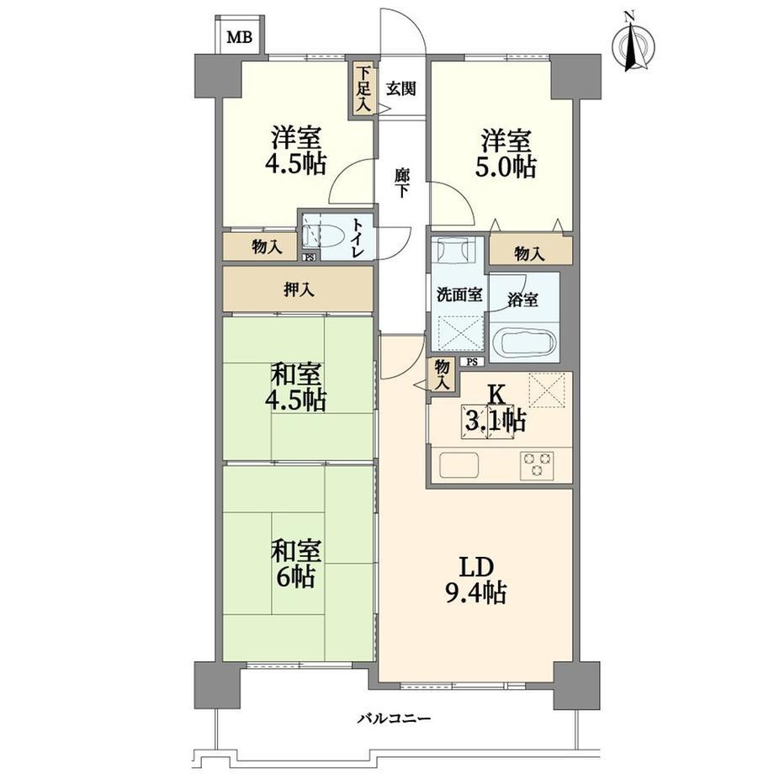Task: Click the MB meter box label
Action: pos(240,37)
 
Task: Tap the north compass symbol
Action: pos(633,45)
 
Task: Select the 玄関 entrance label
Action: pos(401,89)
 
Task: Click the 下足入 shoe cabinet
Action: pos(363,88)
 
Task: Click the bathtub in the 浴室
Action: pos(524,341)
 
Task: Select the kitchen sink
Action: pos(459,464)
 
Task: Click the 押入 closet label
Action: pos(299,289)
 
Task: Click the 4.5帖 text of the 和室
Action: pos(295,400)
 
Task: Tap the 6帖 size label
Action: pos(295,575)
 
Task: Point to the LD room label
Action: pos(477,568)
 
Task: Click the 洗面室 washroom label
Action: pos(459,294)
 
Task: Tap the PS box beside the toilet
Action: pos(310,257)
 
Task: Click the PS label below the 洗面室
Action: pos(473,362)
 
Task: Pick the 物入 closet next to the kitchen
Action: pos(442,375)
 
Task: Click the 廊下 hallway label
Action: pos(402,183)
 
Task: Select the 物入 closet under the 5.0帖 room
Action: pos(531,252)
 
